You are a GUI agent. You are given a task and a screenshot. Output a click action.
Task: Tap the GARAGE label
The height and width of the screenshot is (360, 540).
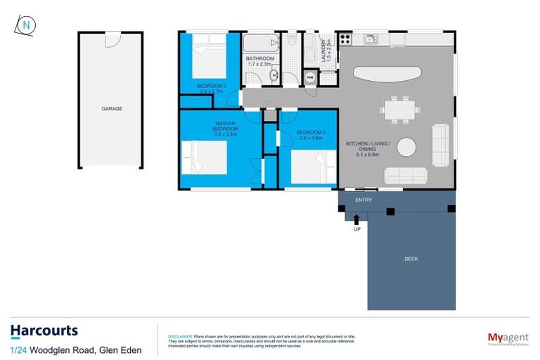click(x=112, y=109)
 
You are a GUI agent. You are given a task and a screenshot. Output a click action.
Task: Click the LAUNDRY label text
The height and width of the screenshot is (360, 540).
click(x=326, y=51)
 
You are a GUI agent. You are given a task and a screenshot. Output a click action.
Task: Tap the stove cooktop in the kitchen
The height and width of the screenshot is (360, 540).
click(x=345, y=40)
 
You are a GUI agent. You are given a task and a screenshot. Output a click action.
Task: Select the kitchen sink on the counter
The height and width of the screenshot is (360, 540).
click(x=371, y=39)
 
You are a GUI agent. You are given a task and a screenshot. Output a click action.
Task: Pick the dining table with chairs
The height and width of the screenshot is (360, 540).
click(x=399, y=110)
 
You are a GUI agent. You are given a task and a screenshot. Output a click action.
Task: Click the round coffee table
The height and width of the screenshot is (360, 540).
click(x=406, y=148)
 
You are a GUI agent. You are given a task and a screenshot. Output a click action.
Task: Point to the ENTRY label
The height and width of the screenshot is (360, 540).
click(x=364, y=200)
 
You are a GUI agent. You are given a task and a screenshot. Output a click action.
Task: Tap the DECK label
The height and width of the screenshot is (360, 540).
click(x=411, y=259)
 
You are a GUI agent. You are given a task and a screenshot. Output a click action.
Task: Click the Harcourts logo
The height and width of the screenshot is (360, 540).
click(x=44, y=331)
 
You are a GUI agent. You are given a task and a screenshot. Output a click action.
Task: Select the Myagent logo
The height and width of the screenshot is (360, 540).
click(x=508, y=338)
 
